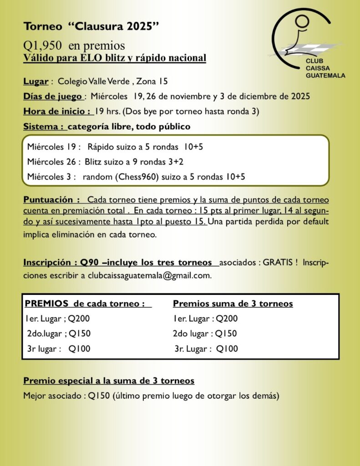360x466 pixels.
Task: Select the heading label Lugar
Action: (x=35, y=82)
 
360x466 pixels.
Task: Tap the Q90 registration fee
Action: (x=89, y=263)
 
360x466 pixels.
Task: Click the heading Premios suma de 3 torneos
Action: (x=233, y=304)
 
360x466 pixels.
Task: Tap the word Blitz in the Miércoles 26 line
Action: (x=92, y=162)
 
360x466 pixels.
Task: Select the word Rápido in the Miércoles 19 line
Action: (x=99, y=147)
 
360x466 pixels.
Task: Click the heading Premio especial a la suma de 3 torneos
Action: (x=109, y=380)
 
